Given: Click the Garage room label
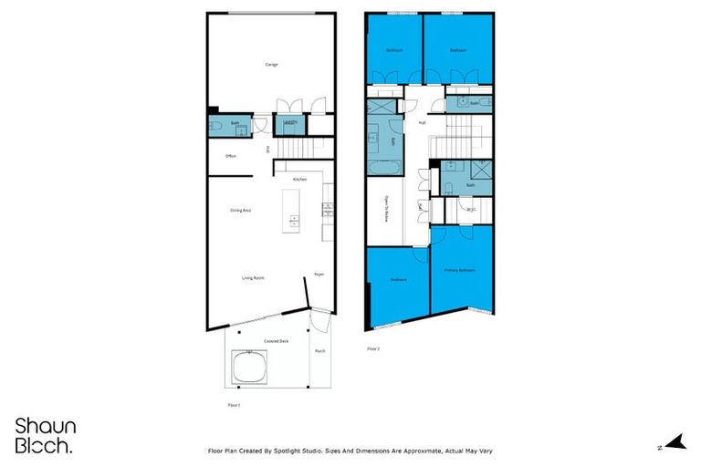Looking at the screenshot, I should tap(271, 65).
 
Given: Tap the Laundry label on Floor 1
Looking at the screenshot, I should tap(289, 121).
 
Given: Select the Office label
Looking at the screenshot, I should tap(231, 156).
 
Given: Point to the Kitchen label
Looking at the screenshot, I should tap(299, 179).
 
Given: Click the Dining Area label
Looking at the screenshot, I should tap(240, 211).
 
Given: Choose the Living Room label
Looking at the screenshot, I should tap(253, 277).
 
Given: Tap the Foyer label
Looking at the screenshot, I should tap(319, 273).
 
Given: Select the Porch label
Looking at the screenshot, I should tap(319, 351).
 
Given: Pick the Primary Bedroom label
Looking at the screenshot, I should tap(459, 270).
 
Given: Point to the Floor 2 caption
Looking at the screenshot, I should tap(372, 348).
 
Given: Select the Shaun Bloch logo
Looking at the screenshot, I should tap(45, 435).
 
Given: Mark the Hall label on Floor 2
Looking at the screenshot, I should tap(423, 122).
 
